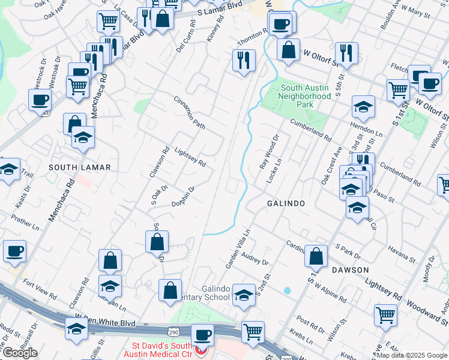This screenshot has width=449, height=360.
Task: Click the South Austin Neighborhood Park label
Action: (306, 96)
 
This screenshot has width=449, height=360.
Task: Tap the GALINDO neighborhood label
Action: (286, 204)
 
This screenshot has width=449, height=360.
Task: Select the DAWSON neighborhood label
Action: (349, 270)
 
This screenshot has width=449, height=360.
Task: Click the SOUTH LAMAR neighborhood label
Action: (80, 167)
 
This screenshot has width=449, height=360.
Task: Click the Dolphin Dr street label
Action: (183, 197)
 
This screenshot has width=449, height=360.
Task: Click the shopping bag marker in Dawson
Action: (316, 257)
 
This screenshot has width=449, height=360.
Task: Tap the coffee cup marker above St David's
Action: (203, 335)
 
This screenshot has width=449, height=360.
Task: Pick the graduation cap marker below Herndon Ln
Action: (363, 108)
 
